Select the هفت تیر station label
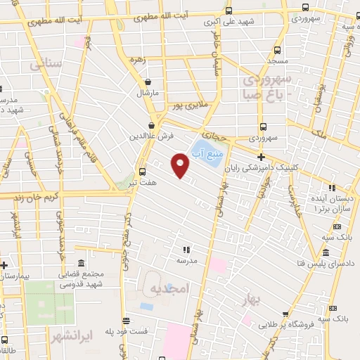pyautogui.click(x=143, y=182)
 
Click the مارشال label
pyautogui.click(x=153, y=93)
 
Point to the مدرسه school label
pyautogui.click(x=186, y=260)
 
